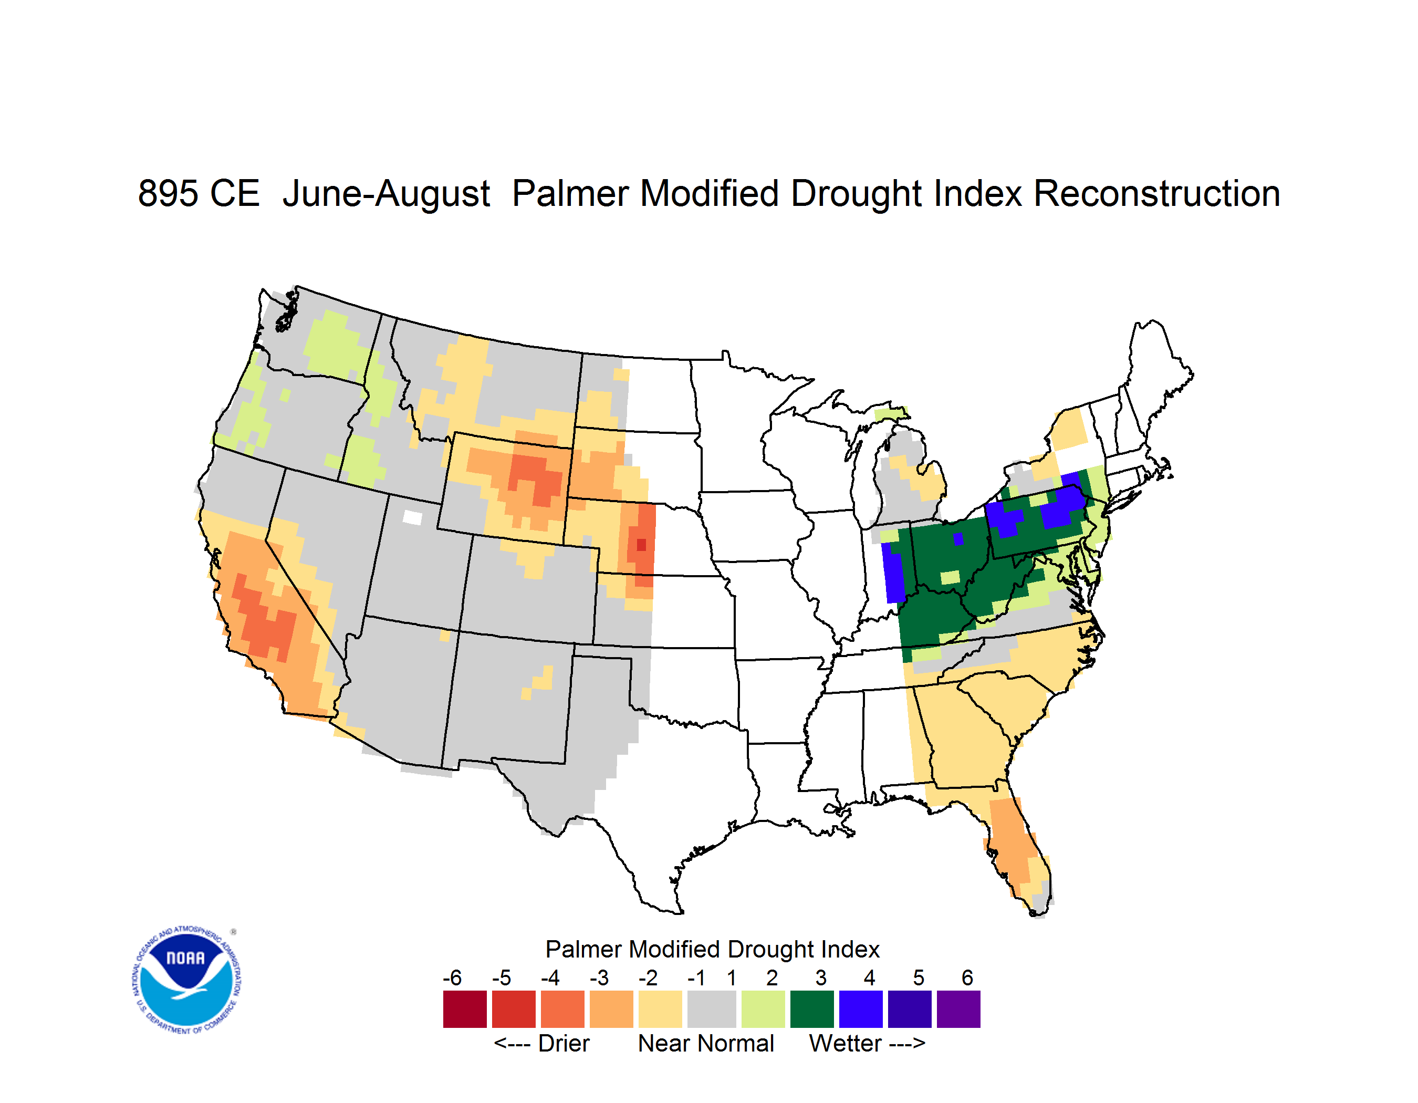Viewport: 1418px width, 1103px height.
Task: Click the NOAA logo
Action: (186, 980)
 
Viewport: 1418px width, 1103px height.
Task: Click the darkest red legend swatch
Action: (465, 1009)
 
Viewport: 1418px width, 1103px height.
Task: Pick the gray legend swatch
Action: (712, 1009)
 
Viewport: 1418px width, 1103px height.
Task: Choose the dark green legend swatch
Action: (811, 1009)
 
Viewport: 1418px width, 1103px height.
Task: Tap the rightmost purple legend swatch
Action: (958, 1009)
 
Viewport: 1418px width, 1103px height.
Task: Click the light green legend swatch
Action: (763, 1009)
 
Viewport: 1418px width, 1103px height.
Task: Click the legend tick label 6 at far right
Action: (967, 977)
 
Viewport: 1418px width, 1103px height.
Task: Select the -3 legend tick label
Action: (599, 977)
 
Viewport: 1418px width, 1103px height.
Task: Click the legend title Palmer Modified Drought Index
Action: (712, 949)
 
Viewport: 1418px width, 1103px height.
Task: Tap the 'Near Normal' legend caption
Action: (706, 1043)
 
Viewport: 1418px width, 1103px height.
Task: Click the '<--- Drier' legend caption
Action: (541, 1043)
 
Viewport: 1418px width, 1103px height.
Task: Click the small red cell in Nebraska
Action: (641, 545)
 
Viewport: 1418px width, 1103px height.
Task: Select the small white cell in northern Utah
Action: (412, 517)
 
